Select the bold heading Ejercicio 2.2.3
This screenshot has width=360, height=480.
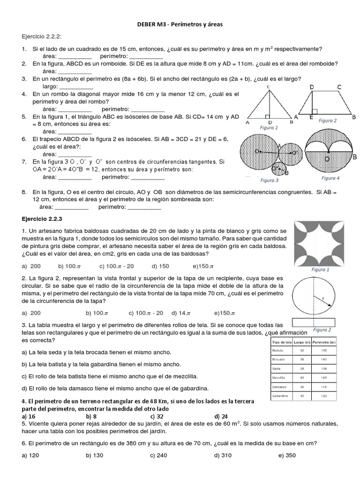click(x=45, y=218)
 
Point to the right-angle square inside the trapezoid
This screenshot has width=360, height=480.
click(x=315, y=111)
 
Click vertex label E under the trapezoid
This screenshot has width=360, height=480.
click(x=311, y=118)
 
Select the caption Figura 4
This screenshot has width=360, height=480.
click(x=330, y=178)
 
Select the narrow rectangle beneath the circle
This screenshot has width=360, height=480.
click(x=313, y=322)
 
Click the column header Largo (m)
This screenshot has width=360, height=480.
click(x=302, y=342)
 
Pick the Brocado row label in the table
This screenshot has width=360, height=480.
click(x=278, y=359)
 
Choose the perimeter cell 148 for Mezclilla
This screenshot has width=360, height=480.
click(x=323, y=377)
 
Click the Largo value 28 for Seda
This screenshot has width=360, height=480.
click(x=302, y=368)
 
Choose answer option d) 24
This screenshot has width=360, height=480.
click(x=221, y=416)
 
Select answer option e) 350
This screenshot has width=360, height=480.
click(x=287, y=455)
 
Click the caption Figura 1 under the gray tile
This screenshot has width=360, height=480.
click(x=321, y=270)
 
